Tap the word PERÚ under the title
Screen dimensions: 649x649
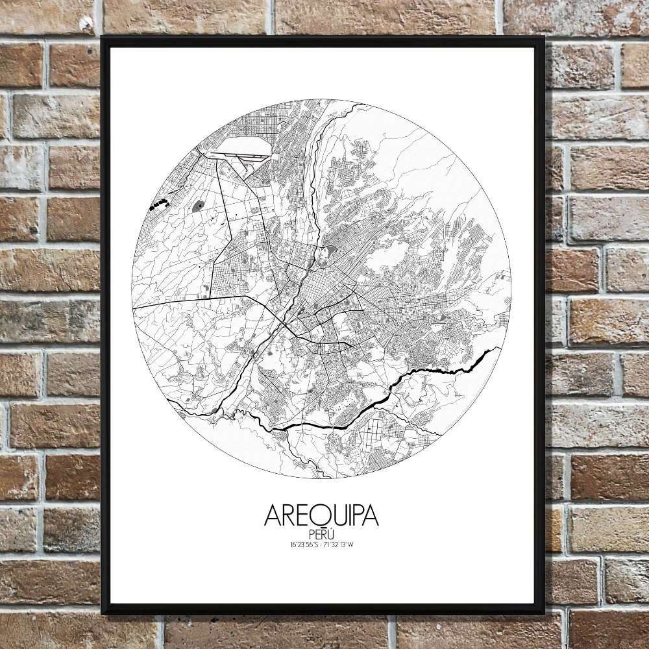(x=321, y=533)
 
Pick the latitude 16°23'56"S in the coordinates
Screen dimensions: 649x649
(x=304, y=544)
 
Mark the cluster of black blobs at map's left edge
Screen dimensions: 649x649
(x=158, y=206)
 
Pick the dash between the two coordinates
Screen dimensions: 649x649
(x=321, y=544)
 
